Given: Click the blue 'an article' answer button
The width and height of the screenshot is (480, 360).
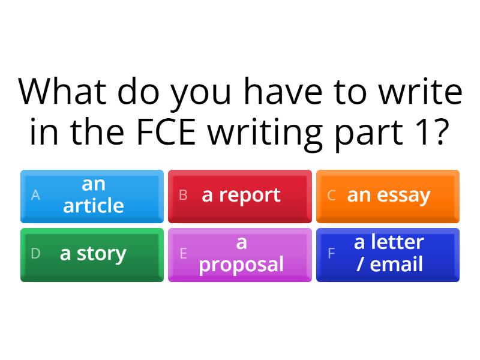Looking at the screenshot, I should click(x=92, y=196).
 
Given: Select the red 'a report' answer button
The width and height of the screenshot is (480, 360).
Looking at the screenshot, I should click(x=240, y=196).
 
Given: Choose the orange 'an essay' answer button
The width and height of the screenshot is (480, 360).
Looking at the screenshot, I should click(x=388, y=196).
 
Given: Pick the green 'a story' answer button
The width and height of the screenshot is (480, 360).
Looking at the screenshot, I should click(x=92, y=254).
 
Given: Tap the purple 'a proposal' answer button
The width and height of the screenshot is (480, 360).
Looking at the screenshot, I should click(x=240, y=254).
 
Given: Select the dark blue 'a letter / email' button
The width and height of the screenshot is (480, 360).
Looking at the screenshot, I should click(x=388, y=254).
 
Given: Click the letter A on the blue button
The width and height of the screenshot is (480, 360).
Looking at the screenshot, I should click(x=35, y=196).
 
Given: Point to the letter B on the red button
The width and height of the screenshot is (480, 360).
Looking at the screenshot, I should click(x=184, y=196).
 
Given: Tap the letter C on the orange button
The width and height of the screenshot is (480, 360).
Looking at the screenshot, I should click(x=331, y=196).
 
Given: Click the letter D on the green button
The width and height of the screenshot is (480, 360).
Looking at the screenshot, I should click(x=35, y=254).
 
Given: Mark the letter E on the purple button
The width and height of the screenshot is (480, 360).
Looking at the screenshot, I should click(x=184, y=254).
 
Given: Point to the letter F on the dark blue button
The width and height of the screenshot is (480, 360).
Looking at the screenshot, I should click(x=331, y=254).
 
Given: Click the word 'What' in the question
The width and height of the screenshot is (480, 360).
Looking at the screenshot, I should click(x=62, y=92).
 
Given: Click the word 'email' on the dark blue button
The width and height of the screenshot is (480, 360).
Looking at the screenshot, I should click(x=397, y=264).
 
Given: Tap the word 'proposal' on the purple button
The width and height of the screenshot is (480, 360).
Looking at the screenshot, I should click(x=241, y=265).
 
